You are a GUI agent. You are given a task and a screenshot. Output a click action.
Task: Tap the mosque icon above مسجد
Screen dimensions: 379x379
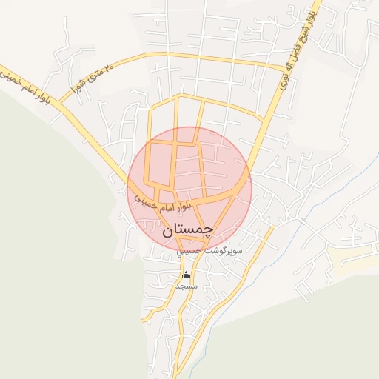pos(185,275)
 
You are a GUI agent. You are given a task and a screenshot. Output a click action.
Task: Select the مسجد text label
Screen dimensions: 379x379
pos(185,285)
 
